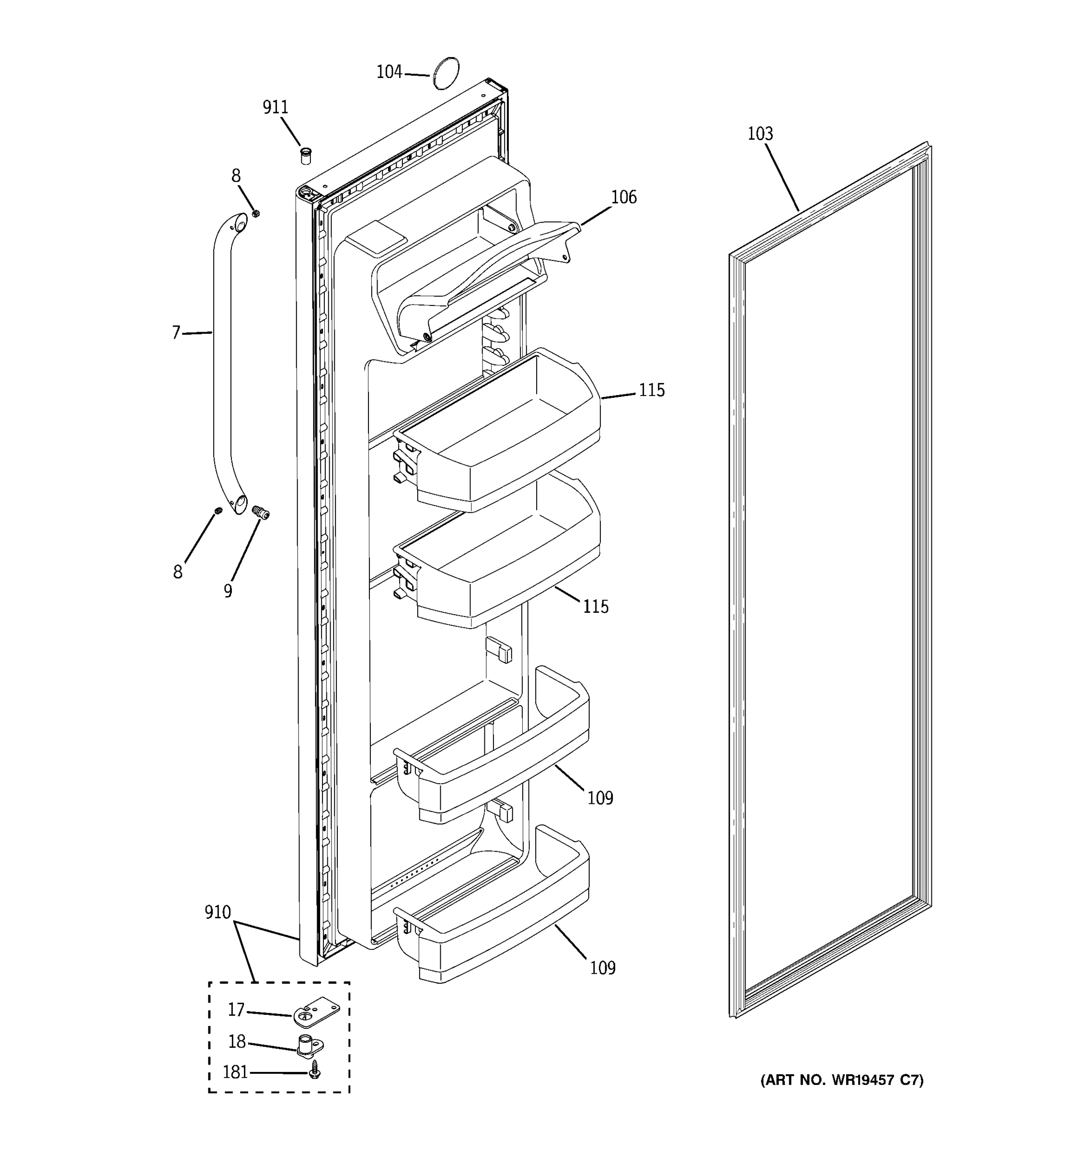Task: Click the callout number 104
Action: coord(389,72)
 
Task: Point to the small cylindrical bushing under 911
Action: coord(305,156)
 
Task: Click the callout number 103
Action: coord(760,134)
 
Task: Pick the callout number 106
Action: coord(624,197)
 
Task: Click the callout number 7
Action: coord(176,333)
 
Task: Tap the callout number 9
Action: coord(228,591)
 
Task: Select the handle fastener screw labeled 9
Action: coord(262,512)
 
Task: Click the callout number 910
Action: coord(218,912)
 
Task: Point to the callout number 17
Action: coord(236,1009)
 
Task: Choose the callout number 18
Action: coord(237,1041)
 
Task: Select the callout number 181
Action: coord(235,1072)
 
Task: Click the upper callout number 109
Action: coord(600,798)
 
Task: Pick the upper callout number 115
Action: coord(652,390)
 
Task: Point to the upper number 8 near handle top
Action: coord(236,176)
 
